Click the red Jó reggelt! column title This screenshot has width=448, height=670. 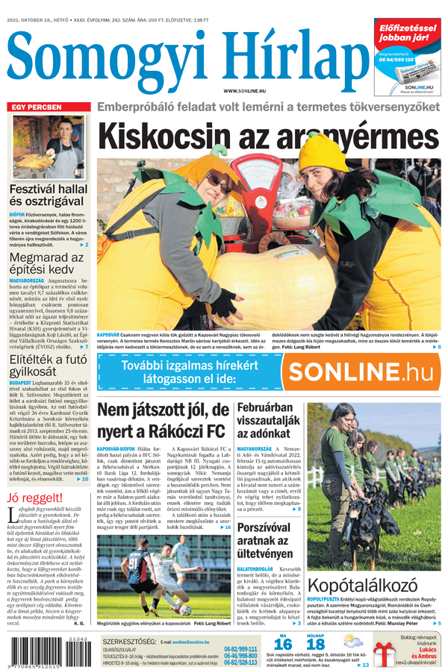pos(34,498)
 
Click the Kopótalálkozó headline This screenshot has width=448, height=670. pos(373,586)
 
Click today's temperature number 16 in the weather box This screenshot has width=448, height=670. pos(283,645)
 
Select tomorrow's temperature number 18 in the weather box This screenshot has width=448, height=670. pos(316,645)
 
